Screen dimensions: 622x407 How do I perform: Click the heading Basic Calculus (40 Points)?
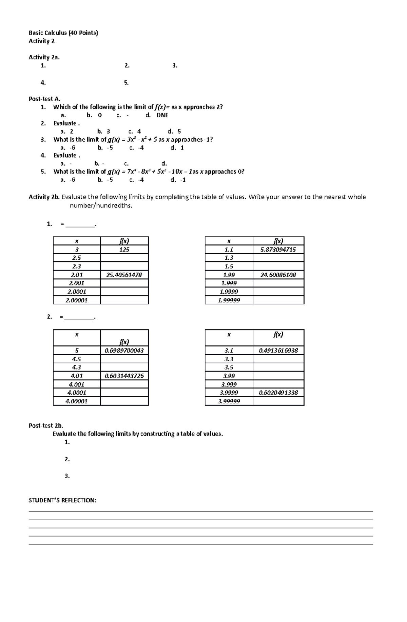63,33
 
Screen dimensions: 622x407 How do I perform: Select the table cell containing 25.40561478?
124,275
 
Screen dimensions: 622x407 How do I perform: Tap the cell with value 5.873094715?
278,249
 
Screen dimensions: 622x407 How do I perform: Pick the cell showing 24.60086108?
278,275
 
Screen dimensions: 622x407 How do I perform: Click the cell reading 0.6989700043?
124,350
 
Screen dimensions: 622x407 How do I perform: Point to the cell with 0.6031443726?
124,376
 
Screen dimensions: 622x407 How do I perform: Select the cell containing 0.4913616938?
278,350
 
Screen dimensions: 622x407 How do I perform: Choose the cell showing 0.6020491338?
278,393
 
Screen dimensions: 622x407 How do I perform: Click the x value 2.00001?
77,300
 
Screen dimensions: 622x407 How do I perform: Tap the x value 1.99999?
229,300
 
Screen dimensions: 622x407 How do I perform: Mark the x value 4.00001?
77,401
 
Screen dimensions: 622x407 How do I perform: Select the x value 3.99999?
229,401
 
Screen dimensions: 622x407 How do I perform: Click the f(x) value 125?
124,249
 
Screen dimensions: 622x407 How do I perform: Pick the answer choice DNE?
162,115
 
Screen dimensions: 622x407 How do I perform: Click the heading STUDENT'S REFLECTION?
62,500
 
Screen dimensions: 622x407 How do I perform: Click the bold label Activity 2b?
44,197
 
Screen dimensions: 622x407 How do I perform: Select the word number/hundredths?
101,206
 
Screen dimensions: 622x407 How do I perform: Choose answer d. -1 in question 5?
178,180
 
